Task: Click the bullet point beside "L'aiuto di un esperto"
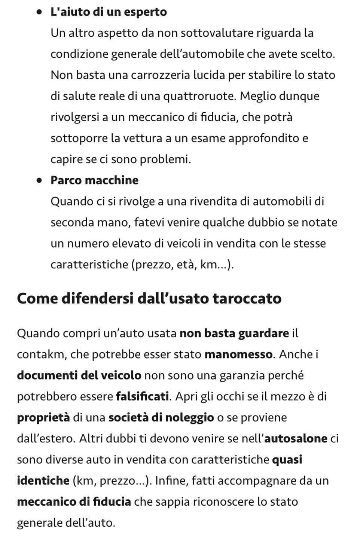(39, 12)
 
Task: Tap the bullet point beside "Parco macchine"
(39, 180)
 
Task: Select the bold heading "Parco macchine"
(94, 180)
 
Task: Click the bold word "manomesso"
(238, 354)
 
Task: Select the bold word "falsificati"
(142, 396)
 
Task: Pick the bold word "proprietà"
(43, 417)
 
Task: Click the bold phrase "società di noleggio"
(161, 417)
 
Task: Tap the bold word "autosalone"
(296, 438)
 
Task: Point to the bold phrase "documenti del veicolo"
(79, 375)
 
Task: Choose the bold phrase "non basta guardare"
(234, 333)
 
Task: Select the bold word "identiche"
(43, 481)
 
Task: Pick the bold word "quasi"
(287, 459)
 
